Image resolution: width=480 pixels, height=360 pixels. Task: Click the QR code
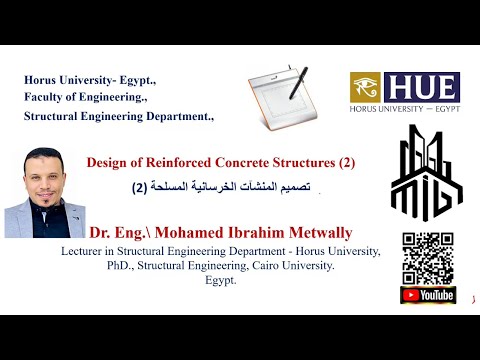coord(427,258)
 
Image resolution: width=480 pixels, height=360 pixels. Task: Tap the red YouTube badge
coord(428,295)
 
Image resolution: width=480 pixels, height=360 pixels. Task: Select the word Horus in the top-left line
coord(42,79)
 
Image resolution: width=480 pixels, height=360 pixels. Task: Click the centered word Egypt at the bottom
coord(218,281)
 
